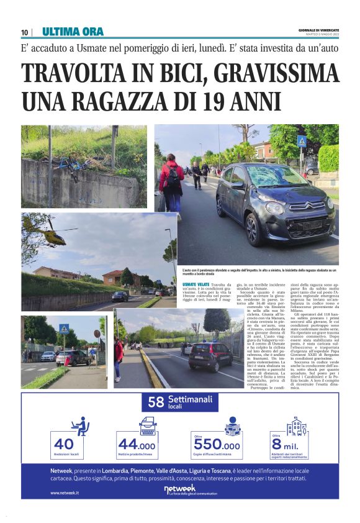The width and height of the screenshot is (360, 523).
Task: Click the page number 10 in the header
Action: pos(25,32)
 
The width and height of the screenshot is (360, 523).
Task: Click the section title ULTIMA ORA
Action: pos(73,32)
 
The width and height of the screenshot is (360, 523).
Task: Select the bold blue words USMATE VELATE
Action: pos(196,284)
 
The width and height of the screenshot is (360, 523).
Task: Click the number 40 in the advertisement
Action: pos(64,444)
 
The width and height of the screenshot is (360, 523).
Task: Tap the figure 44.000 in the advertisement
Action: pos(137,445)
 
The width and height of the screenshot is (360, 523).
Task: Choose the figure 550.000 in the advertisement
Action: pos(217,445)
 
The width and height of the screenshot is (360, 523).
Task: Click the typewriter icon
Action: pos(147,425)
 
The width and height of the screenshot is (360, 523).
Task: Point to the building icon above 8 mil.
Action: pos(297,426)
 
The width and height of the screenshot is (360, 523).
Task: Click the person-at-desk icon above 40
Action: pos(80,425)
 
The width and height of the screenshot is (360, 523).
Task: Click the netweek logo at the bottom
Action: pos(179,490)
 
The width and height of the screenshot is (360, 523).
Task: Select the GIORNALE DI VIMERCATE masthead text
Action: pos(318,29)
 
